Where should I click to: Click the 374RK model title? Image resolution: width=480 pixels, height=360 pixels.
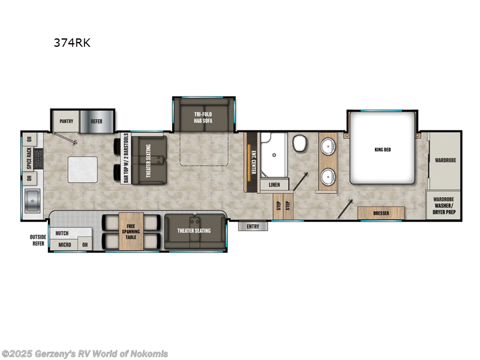click(71, 43)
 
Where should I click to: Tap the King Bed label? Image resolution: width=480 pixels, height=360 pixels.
click(382, 149)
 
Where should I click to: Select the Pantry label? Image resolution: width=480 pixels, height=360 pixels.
click(66, 121)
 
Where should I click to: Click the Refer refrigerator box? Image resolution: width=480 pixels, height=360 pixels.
click(97, 121)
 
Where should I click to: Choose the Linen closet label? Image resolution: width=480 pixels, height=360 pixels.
click(274, 185)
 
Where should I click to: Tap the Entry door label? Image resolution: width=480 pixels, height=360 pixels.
click(253, 226)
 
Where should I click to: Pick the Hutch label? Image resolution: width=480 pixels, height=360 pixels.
click(62, 233)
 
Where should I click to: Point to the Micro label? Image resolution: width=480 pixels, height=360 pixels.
click(65, 245)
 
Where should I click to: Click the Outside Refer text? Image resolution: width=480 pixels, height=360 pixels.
click(38, 241)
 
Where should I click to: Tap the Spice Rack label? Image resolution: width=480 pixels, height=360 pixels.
click(29, 159)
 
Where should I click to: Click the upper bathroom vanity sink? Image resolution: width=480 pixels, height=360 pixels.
click(328, 146)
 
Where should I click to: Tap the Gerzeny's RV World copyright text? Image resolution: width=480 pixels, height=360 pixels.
click(85, 353)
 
